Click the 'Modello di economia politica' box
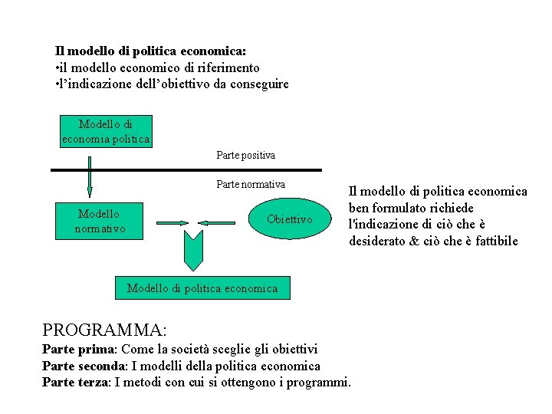tap(106, 131)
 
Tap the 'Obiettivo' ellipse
tap(290, 220)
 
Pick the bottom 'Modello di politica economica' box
tap(202, 288)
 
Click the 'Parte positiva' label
tap(245, 156)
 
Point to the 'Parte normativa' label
tap(251, 184)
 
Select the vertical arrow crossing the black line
tap(90, 176)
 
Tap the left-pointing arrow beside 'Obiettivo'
tap(220, 222)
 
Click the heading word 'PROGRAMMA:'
tap(104, 330)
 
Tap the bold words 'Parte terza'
tap(75, 382)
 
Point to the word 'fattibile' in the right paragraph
tap(495, 241)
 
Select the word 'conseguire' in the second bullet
tap(259, 84)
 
